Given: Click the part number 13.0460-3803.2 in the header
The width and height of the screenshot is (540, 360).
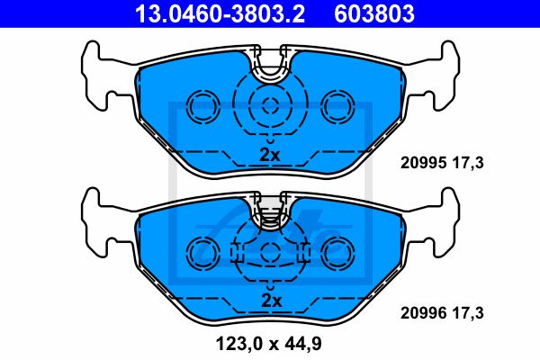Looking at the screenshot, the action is tap(220, 13).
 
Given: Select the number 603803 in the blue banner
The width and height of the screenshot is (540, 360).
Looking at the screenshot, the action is tap(374, 13).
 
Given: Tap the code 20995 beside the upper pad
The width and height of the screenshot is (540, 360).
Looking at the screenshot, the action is tap(424, 163).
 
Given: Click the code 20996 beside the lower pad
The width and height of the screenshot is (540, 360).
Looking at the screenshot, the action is tap(424, 313).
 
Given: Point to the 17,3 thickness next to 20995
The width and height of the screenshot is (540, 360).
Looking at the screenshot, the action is tap(468, 163).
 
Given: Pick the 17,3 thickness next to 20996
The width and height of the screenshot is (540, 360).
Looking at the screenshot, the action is tap(468, 313).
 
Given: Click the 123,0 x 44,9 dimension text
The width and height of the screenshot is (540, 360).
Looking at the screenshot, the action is tap(268, 344).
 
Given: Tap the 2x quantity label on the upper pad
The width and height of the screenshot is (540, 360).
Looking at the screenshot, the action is tap(270, 155).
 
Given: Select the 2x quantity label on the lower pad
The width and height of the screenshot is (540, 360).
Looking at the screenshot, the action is tap(272, 301).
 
